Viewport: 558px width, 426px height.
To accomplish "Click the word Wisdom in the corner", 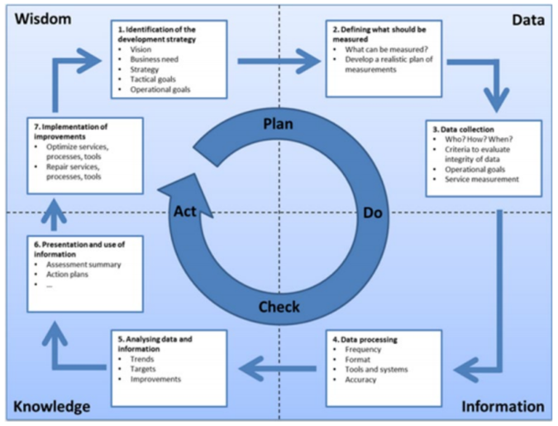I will click(x=41, y=18).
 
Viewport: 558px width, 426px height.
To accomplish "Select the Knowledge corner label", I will click(x=51, y=406).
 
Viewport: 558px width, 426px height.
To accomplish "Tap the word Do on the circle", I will click(x=372, y=213).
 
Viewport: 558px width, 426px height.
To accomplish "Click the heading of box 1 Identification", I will click(x=169, y=34).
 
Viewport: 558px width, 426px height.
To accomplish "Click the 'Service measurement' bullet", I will click(x=481, y=179).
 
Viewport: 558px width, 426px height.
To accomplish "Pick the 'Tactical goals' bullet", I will click(x=155, y=79).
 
